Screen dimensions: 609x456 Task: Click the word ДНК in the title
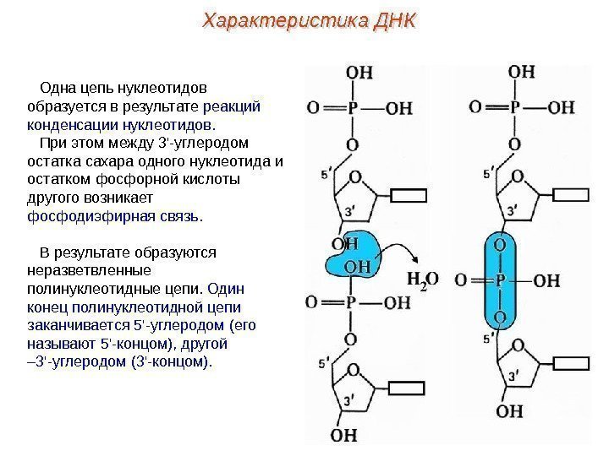coord(391,19)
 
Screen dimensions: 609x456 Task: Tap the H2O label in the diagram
coord(423,280)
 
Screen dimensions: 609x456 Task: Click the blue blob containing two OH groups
coord(351,255)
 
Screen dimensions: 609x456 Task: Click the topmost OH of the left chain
coord(359,72)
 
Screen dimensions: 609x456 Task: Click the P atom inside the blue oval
coord(501,280)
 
